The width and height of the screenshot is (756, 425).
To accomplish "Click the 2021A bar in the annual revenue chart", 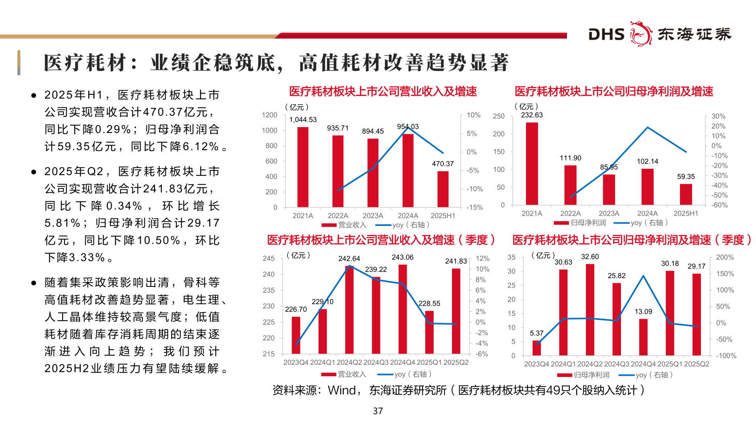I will click(x=303, y=167).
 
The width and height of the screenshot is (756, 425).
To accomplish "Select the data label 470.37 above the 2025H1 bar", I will click(x=443, y=164).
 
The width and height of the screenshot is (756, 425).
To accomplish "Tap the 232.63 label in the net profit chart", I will click(x=532, y=115).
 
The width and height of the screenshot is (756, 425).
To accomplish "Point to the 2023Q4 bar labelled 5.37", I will click(x=536, y=348).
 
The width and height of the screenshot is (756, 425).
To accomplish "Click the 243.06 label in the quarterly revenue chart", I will click(x=402, y=257).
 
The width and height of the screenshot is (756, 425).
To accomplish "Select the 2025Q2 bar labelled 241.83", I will click(x=456, y=311).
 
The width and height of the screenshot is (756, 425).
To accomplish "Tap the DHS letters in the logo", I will click(x=606, y=35).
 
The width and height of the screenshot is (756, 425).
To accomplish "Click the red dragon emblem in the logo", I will click(x=641, y=34).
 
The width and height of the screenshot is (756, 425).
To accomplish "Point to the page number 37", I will click(x=378, y=411).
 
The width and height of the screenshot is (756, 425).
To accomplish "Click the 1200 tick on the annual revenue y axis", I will click(x=269, y=115).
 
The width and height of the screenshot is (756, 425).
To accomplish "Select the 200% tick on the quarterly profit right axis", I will click(x=724, y=257).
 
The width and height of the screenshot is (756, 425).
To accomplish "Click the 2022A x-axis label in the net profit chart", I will click(x=570, y=213).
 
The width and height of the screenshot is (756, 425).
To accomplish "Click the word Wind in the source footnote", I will click(x=342, y=390).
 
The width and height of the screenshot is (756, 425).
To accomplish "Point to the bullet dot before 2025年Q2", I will click(x=34, y=172).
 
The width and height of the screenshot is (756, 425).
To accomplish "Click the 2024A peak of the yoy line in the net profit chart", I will click(x=647, y=128).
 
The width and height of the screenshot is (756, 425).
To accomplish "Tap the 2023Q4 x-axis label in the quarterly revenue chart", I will click(x=296, y=362).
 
